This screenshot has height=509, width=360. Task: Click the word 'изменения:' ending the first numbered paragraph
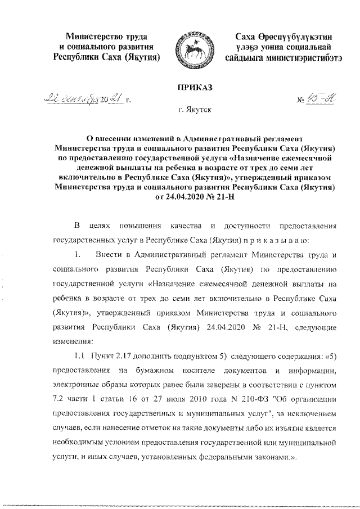click(x=73, y=340)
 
